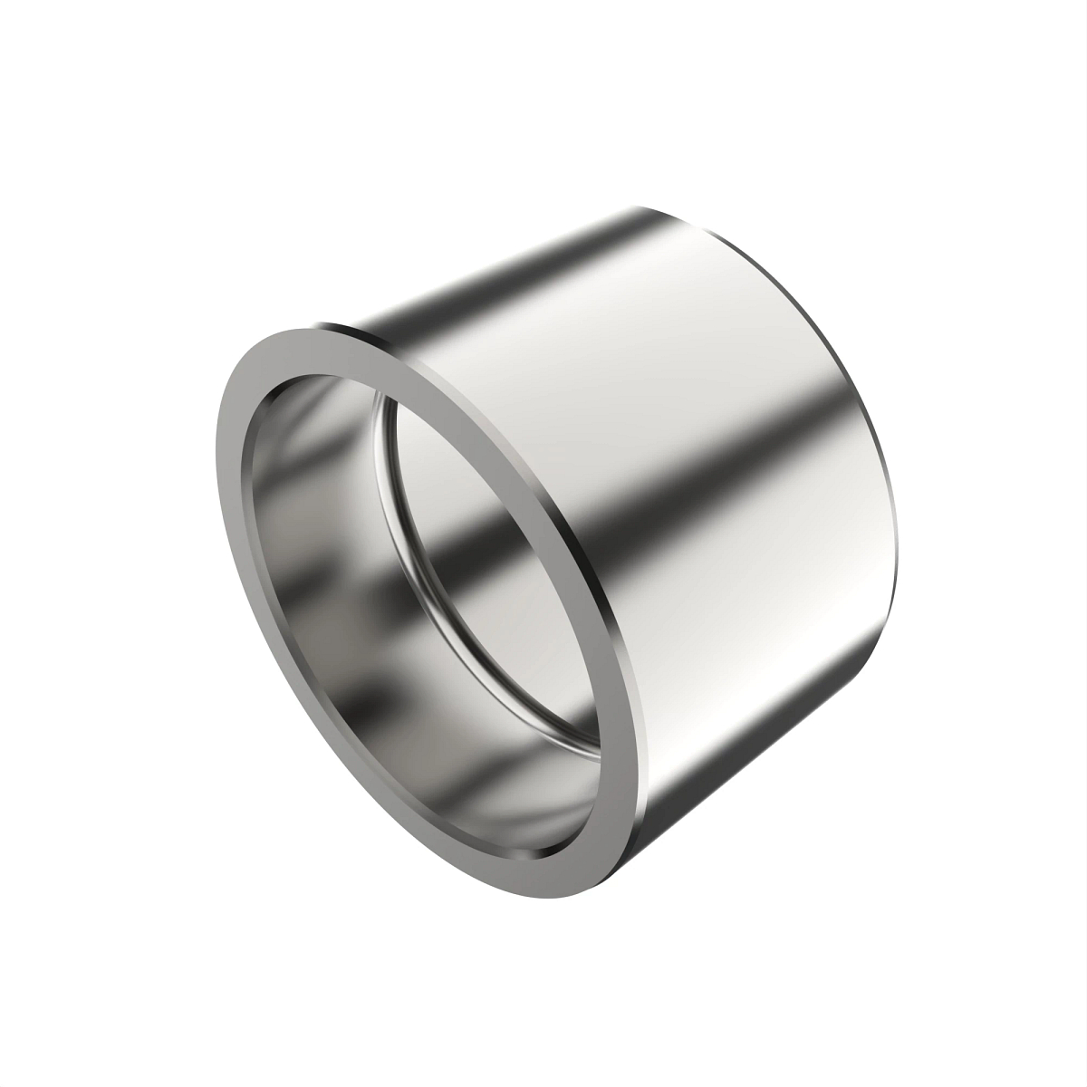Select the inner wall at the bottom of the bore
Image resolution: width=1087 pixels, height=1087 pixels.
[435, 797]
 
